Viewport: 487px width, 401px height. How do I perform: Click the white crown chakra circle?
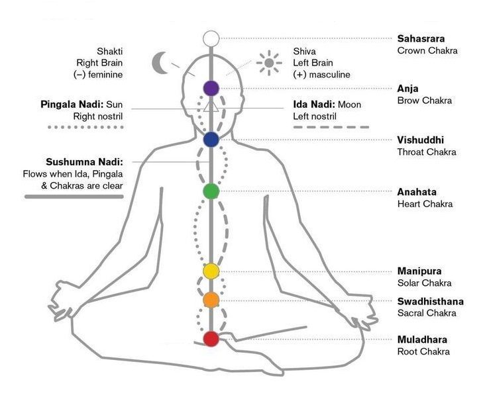pyautogui.click(x=211, y=38)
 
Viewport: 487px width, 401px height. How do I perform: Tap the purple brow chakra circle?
pyautogui.click(x=211, y=87)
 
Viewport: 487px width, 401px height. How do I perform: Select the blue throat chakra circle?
pyautogui.click(x=211, y=140)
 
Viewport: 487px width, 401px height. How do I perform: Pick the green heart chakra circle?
pyautogui.click(x=211, y=191)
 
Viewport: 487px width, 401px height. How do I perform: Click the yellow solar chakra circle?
pyautogui.click(x=211, y=271)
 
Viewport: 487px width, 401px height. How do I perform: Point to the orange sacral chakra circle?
pyautogui.click(x=211, y=300)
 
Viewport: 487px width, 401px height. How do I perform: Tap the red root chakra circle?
pyautogui.click(x=211, y=339)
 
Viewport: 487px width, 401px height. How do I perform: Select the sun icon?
pyautogui.click(x=268, y=64)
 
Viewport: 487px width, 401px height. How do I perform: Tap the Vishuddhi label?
pyautogui.click(x=420, y=140)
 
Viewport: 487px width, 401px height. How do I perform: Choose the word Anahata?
pyautogui.click(x=416, y=192)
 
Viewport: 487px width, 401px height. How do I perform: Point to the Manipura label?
pyautogui.click(x=419, y=271)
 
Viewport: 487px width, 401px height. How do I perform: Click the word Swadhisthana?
pyautogui.click(x=430, y=301)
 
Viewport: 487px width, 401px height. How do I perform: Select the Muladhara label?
pyautogui.click(x=422, y=339)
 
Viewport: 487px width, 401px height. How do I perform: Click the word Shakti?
pyautogui.click(x=110, y=51)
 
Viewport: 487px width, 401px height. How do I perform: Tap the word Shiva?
pyautogui.click(x=305, y=51)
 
